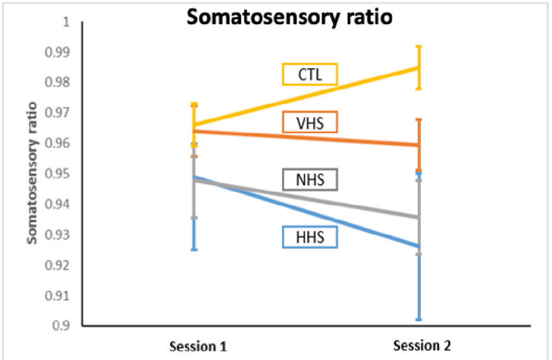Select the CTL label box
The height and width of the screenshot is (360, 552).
pos(310,73)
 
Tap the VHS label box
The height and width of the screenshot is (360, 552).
pos(310,122)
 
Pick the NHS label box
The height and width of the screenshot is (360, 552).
pos(310,179)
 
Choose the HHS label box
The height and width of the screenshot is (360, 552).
pos(310,237)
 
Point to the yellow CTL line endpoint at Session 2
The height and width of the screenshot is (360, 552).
pos(419,68)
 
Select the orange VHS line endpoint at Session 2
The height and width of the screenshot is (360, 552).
pos(419,145)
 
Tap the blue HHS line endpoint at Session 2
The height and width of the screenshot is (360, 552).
pos(419,246)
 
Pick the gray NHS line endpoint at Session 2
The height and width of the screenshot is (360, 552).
pos(419,218)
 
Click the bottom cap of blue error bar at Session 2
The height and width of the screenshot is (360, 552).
pos(419,320)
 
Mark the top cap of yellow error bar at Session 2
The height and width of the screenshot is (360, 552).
pos(419,47)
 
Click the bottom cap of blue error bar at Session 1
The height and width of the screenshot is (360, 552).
pos(194,250)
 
